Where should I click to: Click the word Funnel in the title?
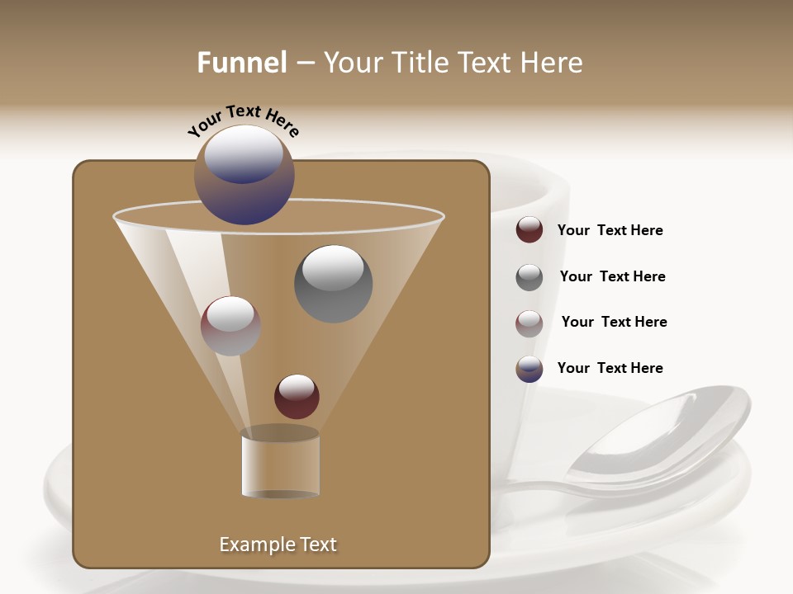point(241,63)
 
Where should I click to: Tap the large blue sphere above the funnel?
point(244,175)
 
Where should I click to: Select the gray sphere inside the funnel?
point(333,284)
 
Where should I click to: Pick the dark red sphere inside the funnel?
point(297,397)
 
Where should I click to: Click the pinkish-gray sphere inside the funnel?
point(230,326)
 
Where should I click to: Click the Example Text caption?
point(278,544)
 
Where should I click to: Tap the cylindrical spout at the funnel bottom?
point(281,465)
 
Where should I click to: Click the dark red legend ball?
point(529,230)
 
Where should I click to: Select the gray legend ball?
point(529,277)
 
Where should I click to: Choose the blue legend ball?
point(529,369)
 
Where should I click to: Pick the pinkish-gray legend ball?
point(529,323)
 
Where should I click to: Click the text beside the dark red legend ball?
point(610,230)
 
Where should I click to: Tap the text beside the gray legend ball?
point(612,276)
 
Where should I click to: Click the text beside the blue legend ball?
point(610,368)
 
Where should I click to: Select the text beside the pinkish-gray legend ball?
point(614,322)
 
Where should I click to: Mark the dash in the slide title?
point(305,64)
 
